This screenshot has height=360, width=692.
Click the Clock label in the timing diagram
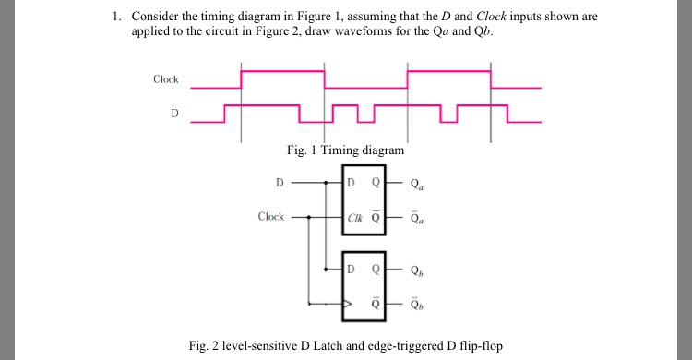click(x=166, y=79)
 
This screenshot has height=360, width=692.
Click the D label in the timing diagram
click(x=174, y=114)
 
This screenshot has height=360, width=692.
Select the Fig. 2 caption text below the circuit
click(x=346, y=345)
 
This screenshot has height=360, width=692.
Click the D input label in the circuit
click(x=280, y=182)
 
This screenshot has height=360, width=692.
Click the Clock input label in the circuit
click(x=271, y=217)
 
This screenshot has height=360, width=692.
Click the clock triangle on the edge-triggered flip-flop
click(x=347, y=303)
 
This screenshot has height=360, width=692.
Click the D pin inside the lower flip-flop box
click(x=351, y=270)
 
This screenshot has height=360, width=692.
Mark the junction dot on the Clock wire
click(x=308, y=218)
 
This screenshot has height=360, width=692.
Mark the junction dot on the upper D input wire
click(x=325, y=183)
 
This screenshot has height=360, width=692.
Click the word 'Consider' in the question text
click(x=154, y=17)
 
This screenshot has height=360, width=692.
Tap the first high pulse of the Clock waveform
click(x=282, y=71)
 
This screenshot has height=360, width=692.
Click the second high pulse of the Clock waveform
click(x=449, y=71)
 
